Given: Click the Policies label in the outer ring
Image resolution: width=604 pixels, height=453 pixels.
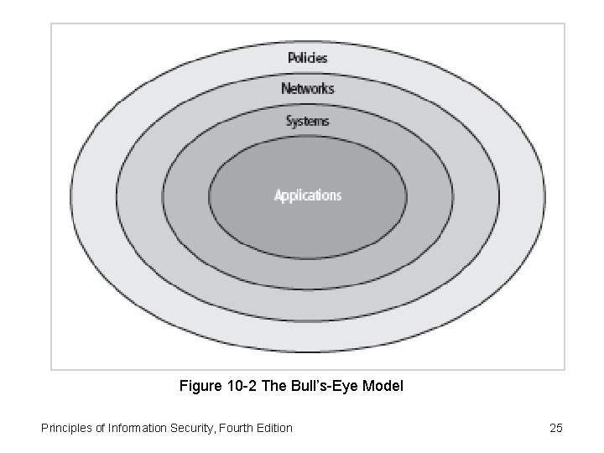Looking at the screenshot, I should tap(308, 58).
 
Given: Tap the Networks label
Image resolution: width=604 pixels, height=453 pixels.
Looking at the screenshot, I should tap(308, 88).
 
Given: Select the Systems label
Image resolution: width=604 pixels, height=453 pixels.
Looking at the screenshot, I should tap(308, 121).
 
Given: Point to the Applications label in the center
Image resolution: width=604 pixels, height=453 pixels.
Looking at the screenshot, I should tap(308, 195).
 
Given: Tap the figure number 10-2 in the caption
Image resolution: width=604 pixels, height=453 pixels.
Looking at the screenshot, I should tap(241, 387).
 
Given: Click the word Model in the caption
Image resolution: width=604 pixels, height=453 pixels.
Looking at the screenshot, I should tap(384, 387).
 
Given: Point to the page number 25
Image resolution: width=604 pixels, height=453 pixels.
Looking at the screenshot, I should tap(555, 428).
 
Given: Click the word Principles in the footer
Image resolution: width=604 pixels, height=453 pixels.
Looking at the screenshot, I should tap(66, 428).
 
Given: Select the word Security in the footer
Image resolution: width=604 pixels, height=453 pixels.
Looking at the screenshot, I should tap(190, 428).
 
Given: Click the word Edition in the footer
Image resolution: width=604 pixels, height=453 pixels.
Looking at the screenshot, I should tap(273, 428).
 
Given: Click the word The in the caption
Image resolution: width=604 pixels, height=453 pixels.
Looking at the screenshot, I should tap(275, 387).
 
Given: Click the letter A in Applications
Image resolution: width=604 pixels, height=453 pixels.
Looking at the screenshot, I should tap(279, 195).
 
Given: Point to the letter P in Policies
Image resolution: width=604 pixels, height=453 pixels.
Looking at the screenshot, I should tap(291, 58).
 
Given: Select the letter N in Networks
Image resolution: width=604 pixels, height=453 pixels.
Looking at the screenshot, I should tap(285, 88).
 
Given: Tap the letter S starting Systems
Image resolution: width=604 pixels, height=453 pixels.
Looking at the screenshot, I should tap(289, 121).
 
